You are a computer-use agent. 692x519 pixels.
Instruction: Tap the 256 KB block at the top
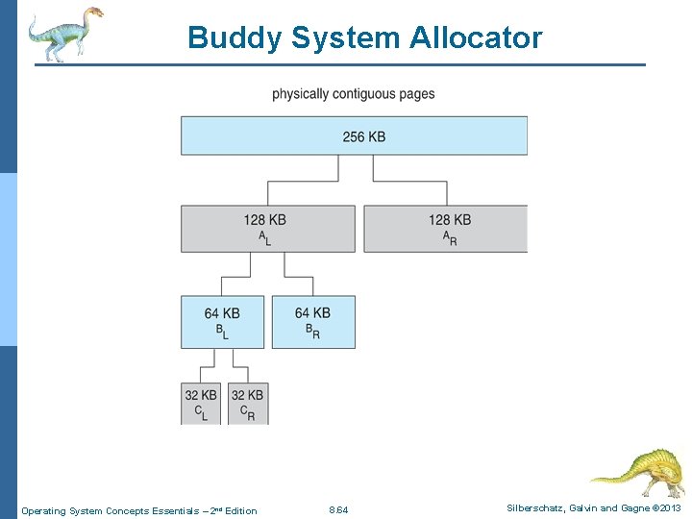pos(354,136)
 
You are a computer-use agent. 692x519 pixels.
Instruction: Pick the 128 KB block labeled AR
pos(445,229)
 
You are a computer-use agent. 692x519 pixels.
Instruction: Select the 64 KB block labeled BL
pos(222,321)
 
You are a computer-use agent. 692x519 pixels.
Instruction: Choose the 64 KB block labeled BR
pos(313,321)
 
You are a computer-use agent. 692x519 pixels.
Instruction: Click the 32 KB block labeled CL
pos(201,403)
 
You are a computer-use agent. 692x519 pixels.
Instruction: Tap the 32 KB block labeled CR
pos(248,403)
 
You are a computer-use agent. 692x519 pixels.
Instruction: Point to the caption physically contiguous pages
pos(353,94)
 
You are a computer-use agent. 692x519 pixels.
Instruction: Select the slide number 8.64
pos(338,510)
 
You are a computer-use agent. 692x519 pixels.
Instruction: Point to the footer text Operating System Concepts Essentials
pos(138,510)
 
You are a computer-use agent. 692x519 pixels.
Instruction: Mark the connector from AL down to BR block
pos(298,278)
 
